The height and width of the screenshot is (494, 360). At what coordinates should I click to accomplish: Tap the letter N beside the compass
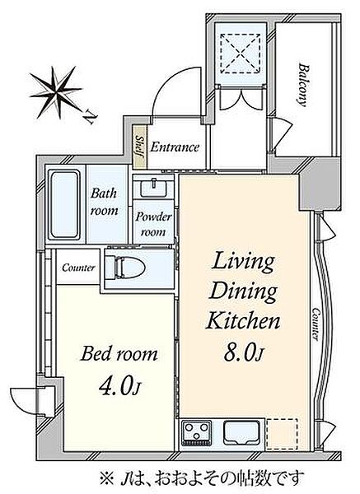click(x=90, y=118)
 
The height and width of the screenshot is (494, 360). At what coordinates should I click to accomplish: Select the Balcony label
click(x=303, y=85)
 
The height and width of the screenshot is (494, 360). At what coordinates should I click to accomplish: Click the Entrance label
click(x=175, y=147)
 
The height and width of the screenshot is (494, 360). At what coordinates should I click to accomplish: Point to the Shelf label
click(x=139, y=147)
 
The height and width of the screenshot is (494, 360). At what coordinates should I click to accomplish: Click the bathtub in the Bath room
click(x=64, y=205)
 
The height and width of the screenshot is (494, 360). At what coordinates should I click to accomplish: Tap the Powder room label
click(x=153, y=224)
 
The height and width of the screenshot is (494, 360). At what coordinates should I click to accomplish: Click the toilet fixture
click(x=125, y=268)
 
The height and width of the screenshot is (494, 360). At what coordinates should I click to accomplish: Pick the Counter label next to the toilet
click(x=78, y=268)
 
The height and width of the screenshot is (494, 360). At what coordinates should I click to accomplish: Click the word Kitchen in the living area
click(x=243, y=320)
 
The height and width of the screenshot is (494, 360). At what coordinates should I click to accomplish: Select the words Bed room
click(x=119, y=354)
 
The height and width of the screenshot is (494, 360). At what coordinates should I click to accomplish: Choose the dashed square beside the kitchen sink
click(x=282, y=434)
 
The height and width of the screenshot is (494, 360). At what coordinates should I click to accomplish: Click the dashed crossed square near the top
click(x=241, y=53)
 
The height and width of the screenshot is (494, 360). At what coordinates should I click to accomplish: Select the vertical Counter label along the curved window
click(x=316, y=324)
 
